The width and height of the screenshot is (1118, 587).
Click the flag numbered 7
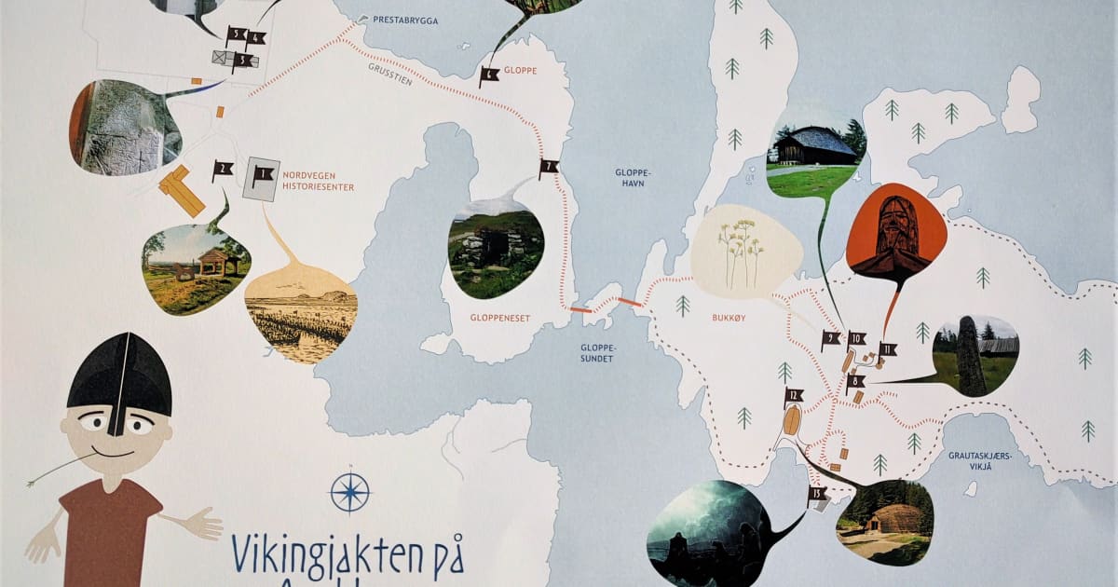click(548, 169)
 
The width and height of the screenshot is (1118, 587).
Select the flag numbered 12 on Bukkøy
click(793, 396)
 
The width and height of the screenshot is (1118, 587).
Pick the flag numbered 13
click(817, 494)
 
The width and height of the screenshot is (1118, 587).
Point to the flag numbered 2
click(222, 171)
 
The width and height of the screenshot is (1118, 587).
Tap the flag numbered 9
click(830, 340)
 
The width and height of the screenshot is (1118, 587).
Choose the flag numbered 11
click(887, 350)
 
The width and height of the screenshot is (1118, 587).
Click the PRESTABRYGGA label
click(405, 20)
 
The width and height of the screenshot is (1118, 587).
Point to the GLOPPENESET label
click(498, 318)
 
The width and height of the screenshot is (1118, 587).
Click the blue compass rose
click(350, 492)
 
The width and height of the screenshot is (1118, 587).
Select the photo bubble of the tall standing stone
click(974, 355)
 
